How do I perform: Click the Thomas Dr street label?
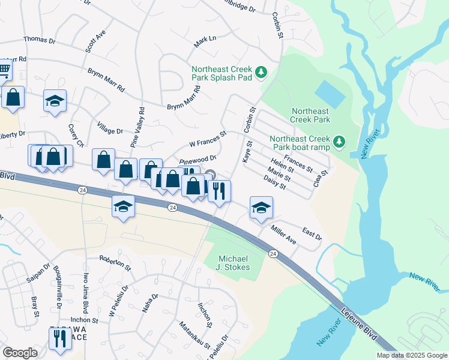click(39, 40)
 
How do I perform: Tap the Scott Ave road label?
click(95, 41)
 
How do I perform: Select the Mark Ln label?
click(205, 41)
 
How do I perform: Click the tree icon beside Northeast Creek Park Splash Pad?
click(261, 73)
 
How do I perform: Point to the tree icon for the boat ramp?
click(340, 141)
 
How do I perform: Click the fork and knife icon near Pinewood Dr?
click(219, 190)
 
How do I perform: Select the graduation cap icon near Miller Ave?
click(261, 207)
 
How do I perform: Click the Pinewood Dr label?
click(197, 159)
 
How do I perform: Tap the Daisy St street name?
click(274, 182)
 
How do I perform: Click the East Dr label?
click(312, 234)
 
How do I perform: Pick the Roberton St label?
click(115, 263)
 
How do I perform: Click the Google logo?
click(20, 353)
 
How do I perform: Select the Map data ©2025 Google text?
click(412, 355)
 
